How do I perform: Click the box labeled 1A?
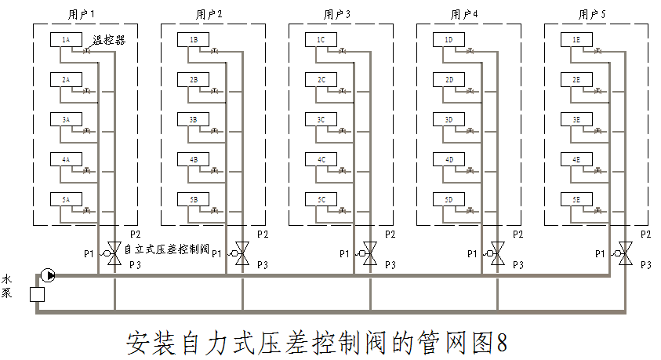click(66, 39)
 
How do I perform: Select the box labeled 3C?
click(321, 120)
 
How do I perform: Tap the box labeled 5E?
click(576, 200)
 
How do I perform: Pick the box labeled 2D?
click(449, 80)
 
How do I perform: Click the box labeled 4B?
click(194, 160)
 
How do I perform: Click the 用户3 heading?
click(337, 14)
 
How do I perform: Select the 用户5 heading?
click(593, 14)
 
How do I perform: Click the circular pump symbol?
click(48, 275)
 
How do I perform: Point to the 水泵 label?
click(7, 285)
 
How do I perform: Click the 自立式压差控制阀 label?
click(166, 251)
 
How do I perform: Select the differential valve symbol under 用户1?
click(114, 253)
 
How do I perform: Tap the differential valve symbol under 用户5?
click(625, 253)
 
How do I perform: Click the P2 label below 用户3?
click(390, 235)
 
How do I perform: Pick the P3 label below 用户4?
click(518, 266)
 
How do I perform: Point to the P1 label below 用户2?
click(216, 253)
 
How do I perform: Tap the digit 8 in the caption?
click(502, 342)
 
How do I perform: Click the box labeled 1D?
click(449, 39)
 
